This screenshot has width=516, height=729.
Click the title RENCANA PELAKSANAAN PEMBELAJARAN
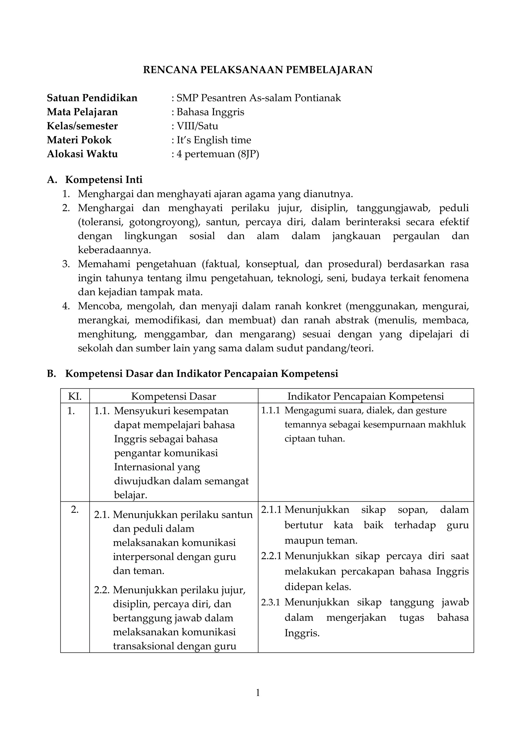[258, 70]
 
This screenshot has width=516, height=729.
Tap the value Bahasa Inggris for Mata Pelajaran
[210, 112]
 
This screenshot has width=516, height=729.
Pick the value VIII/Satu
[197, 126]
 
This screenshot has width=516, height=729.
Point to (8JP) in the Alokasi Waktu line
[248, 154]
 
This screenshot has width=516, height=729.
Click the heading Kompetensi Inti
[104, 180]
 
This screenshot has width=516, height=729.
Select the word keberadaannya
[114, 250]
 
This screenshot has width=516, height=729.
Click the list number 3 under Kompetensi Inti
[66, 264]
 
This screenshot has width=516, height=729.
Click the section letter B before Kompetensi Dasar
[51, 374]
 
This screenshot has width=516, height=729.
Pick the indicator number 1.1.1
[270, 411]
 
